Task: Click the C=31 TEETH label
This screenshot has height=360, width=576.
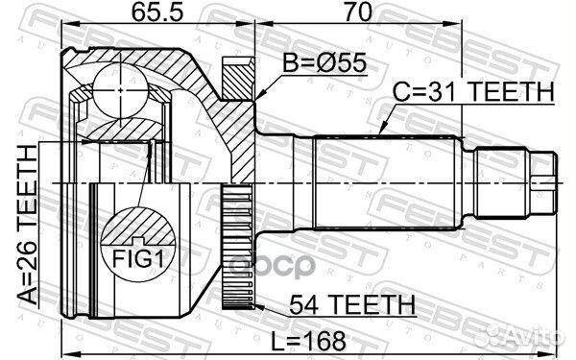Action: (473, 92)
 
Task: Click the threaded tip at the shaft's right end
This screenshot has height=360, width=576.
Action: (546, 182)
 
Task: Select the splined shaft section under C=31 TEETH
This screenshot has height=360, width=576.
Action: (384, 182)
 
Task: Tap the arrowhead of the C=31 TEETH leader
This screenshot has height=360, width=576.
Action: (381, 130)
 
